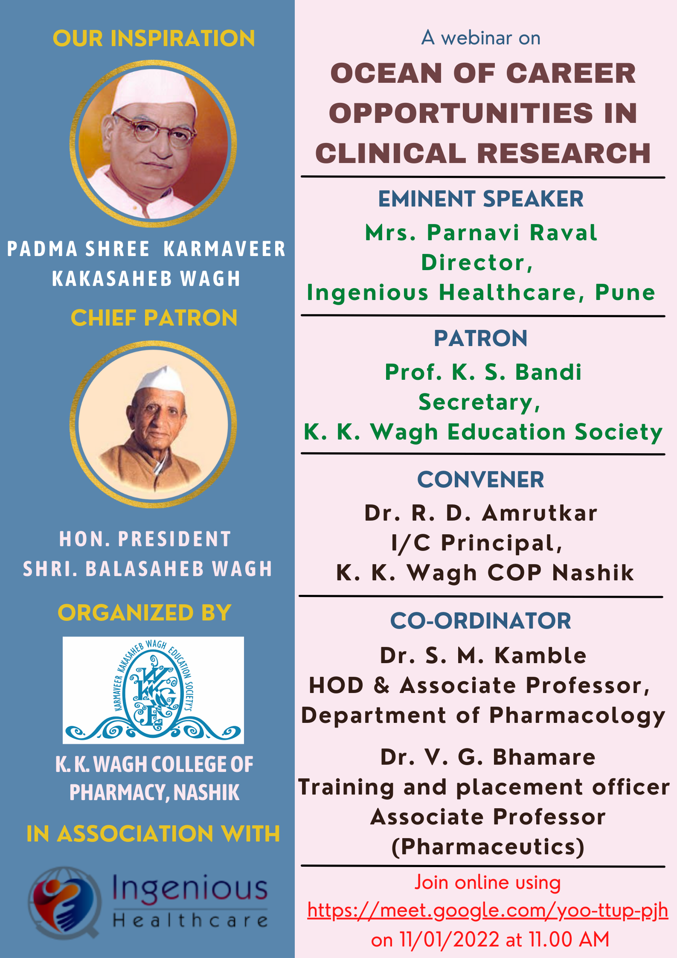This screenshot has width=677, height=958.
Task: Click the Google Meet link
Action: [488, 911]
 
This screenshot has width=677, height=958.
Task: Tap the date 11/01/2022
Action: [450, 940]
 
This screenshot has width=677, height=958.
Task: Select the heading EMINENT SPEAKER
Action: [481, 199]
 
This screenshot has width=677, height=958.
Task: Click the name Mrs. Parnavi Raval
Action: [481, 233]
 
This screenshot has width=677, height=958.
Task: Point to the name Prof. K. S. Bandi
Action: [483, 372]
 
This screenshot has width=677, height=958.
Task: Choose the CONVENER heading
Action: [481, 480]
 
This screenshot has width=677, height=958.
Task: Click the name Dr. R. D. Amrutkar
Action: [481, 513]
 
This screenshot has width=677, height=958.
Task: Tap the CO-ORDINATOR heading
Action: [481, 621]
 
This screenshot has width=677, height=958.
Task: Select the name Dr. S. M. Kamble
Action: [483, 655]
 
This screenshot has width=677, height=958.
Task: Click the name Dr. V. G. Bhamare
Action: [488, 757]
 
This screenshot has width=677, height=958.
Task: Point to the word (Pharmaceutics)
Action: [488, 847]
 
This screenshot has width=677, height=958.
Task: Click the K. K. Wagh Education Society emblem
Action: [153, 690]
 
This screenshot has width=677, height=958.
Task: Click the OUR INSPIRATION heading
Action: [154, 38]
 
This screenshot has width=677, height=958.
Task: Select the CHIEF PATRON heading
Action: [154, 318]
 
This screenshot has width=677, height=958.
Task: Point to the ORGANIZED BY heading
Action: [145, 613]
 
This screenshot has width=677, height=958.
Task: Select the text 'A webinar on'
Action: [481, 38]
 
